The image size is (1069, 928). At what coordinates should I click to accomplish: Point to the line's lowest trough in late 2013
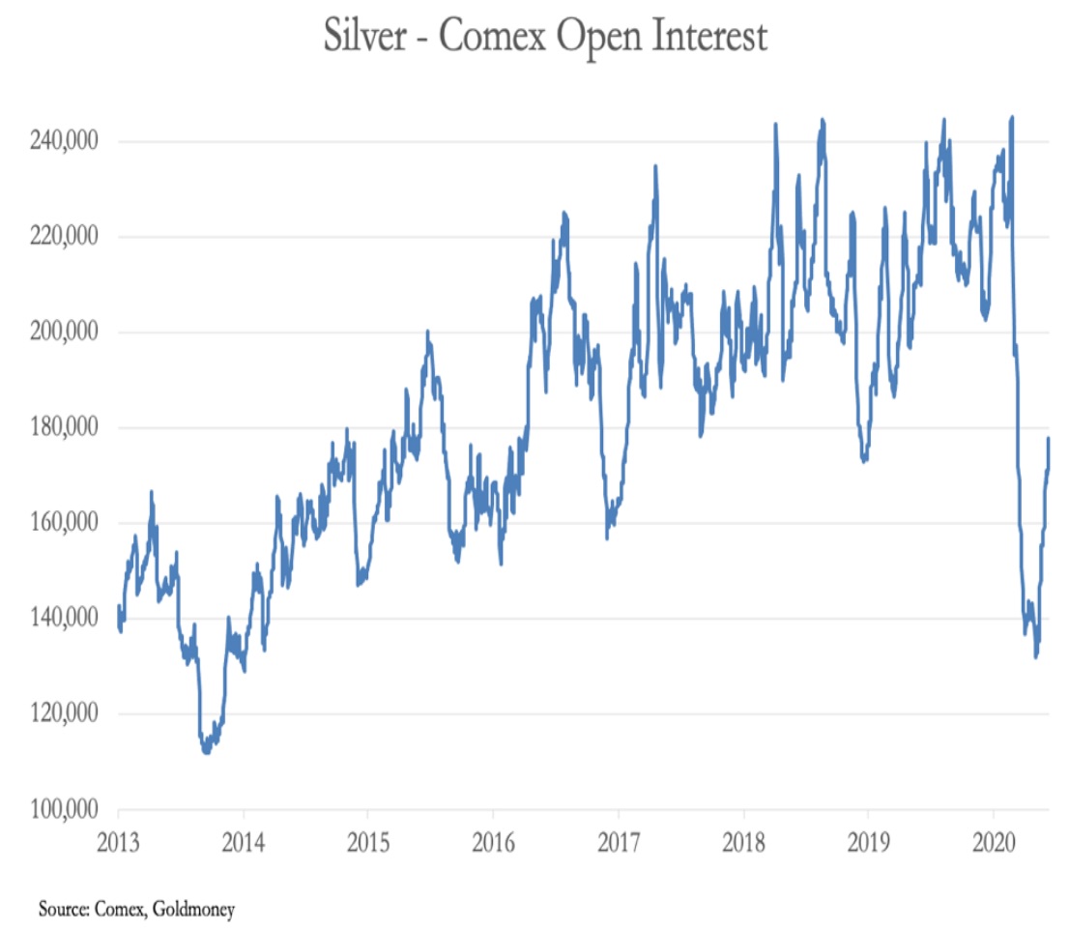(206, 751)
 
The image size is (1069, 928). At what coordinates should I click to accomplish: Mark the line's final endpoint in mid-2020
(1049, 440)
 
